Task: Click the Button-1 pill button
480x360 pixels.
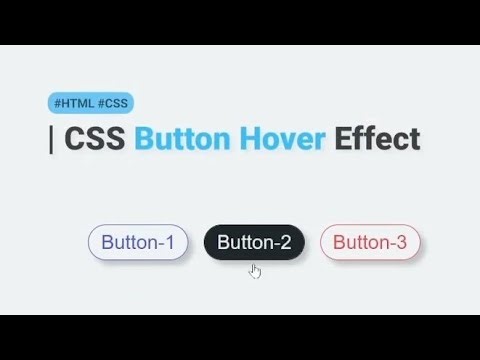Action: pyautogui.click(x=138, y=242)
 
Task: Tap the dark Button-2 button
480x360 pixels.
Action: pyautogui.click(x=254, y=242)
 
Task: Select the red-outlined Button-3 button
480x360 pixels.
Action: pyautogui.click(x=370, y=242)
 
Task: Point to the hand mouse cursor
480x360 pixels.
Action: pyautogui.click(x=255, y=271)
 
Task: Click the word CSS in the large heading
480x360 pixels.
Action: pyautogui.click(x=94, y=138)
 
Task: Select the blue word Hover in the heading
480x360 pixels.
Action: pyautogui.click(x=283, y=138)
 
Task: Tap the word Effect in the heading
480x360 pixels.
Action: pyautogui.click(x=377, y=138)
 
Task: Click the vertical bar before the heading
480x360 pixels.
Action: pyautogui.click(x=51, y=139)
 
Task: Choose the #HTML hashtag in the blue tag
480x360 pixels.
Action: pyautogui.click(x=74, y=103)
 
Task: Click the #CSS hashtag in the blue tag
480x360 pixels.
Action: pyautogui.click(x=113, y=103)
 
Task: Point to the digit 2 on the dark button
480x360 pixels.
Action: pyautogui.click(x=285, y=242)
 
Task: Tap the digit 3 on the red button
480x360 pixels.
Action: pyautogui.click(x=401, y=242)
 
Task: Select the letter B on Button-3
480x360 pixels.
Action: pyautogui.click(x=339, y=242)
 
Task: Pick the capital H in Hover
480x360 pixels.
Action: pyautogui.click(x=249, y=138)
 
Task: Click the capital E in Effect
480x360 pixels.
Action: pyautogui.click(x=343, y=138)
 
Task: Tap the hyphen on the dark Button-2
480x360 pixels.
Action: pyautogui.click(x=273, y=243)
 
